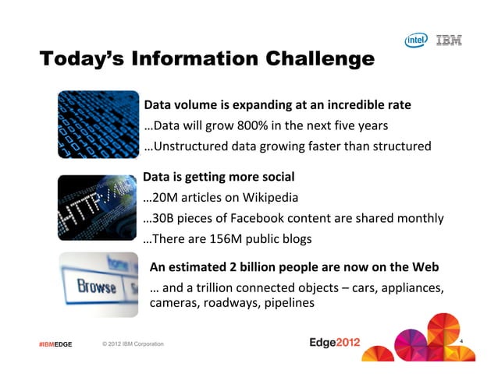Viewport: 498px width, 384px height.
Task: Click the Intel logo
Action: [x=416, y=40]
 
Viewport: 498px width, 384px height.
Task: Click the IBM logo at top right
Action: [x=448, y=40]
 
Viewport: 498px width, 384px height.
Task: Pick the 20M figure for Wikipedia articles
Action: [x=164, y=197]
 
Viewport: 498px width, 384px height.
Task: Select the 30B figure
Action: [x=163, y=218]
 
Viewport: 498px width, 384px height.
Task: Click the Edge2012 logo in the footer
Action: [x=336, y=343]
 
